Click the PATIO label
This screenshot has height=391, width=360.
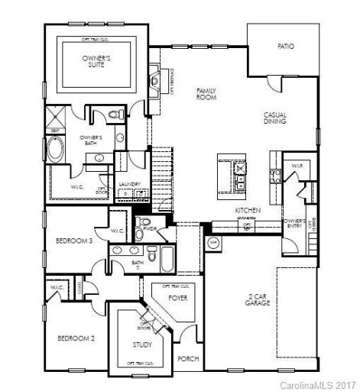(x=285, y=47)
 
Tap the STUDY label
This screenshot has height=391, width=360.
(x=141, y=344)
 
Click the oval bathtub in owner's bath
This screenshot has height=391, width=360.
(x=58, y=148)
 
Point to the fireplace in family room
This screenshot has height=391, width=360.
(x=155, y=79)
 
